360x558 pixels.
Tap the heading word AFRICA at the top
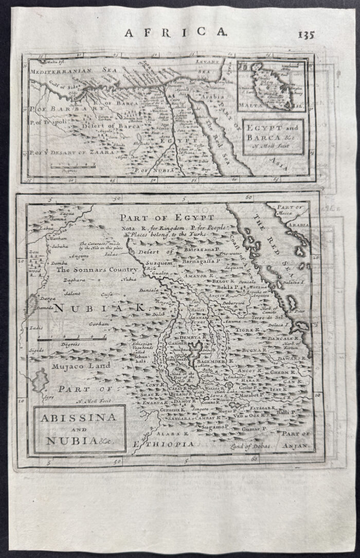coord(175,32)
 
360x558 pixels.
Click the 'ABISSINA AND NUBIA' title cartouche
coord(80,428)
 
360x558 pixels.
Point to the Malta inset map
coord(271,86)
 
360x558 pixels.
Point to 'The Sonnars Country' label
coord(97,269)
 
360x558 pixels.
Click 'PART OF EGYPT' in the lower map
coord(166,218)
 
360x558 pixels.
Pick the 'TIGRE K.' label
coord(248,329)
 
